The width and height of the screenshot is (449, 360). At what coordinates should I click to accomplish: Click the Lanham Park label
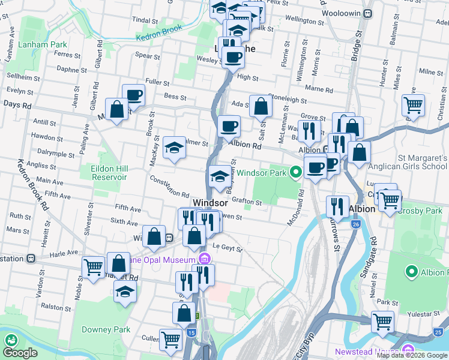point(42,44)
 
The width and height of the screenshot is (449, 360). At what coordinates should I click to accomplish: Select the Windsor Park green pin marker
point(295,173)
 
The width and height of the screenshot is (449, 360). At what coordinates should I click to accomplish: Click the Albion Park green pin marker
point(412,272)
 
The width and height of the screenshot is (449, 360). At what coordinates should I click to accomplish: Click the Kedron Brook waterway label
point(158,32)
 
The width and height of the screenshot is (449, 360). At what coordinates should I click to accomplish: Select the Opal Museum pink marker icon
point(204,259)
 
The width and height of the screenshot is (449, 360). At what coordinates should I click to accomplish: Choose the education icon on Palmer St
point(174,147)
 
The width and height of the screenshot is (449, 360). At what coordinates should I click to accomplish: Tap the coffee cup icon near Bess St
point(133,94)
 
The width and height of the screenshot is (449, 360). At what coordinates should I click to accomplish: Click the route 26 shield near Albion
point(357,224)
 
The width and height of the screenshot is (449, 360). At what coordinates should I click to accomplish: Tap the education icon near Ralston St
point(125,292)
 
